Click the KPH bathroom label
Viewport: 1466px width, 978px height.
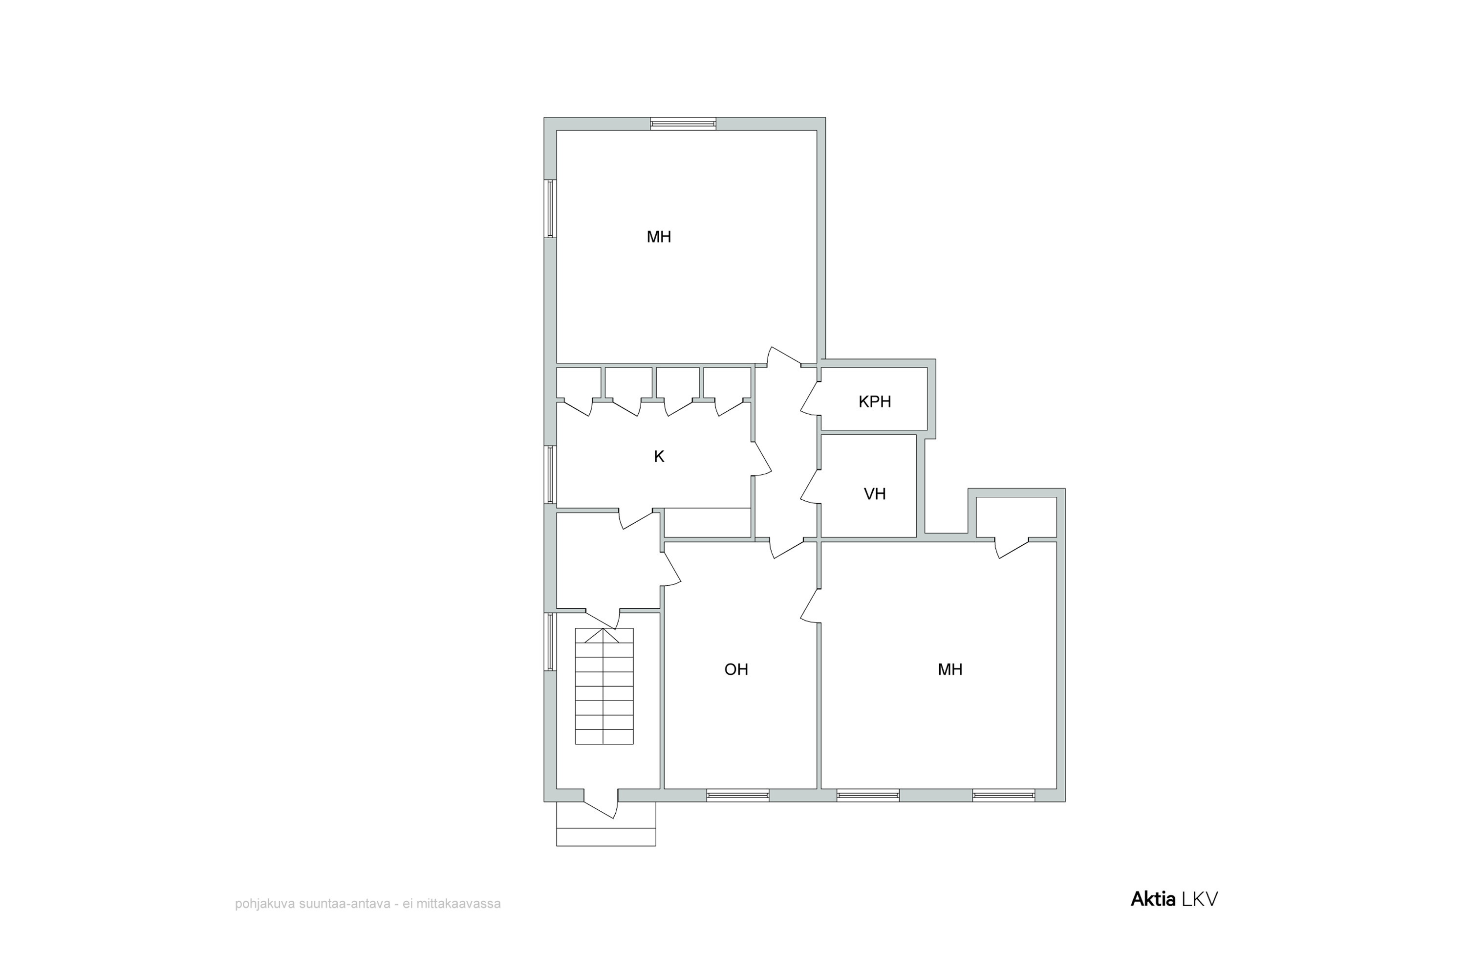click(x=875, y=401)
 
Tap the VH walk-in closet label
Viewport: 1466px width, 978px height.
click(x=875, y=494)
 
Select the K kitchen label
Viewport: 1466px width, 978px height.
click(x=659, y=457)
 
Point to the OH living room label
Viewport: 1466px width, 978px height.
click(x=736, y=669)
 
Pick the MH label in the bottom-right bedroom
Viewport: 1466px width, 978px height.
click(x=950, y=669)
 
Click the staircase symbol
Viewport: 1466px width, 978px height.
click(x=604, y=686)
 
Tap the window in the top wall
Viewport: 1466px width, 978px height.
click(x=683, y=124)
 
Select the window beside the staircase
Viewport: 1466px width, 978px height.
click(x=550, y=642)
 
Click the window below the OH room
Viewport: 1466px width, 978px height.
click(x=738, y=795)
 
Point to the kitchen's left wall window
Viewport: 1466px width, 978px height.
click(x=550, y=474)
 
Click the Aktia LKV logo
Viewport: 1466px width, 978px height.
click(x=1174, y=899)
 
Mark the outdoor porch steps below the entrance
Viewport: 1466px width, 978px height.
click(x=606, y=824)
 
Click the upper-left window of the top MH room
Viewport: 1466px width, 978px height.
click(x=550, y=209)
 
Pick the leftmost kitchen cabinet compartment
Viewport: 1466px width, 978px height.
click(x=579, y=383)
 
